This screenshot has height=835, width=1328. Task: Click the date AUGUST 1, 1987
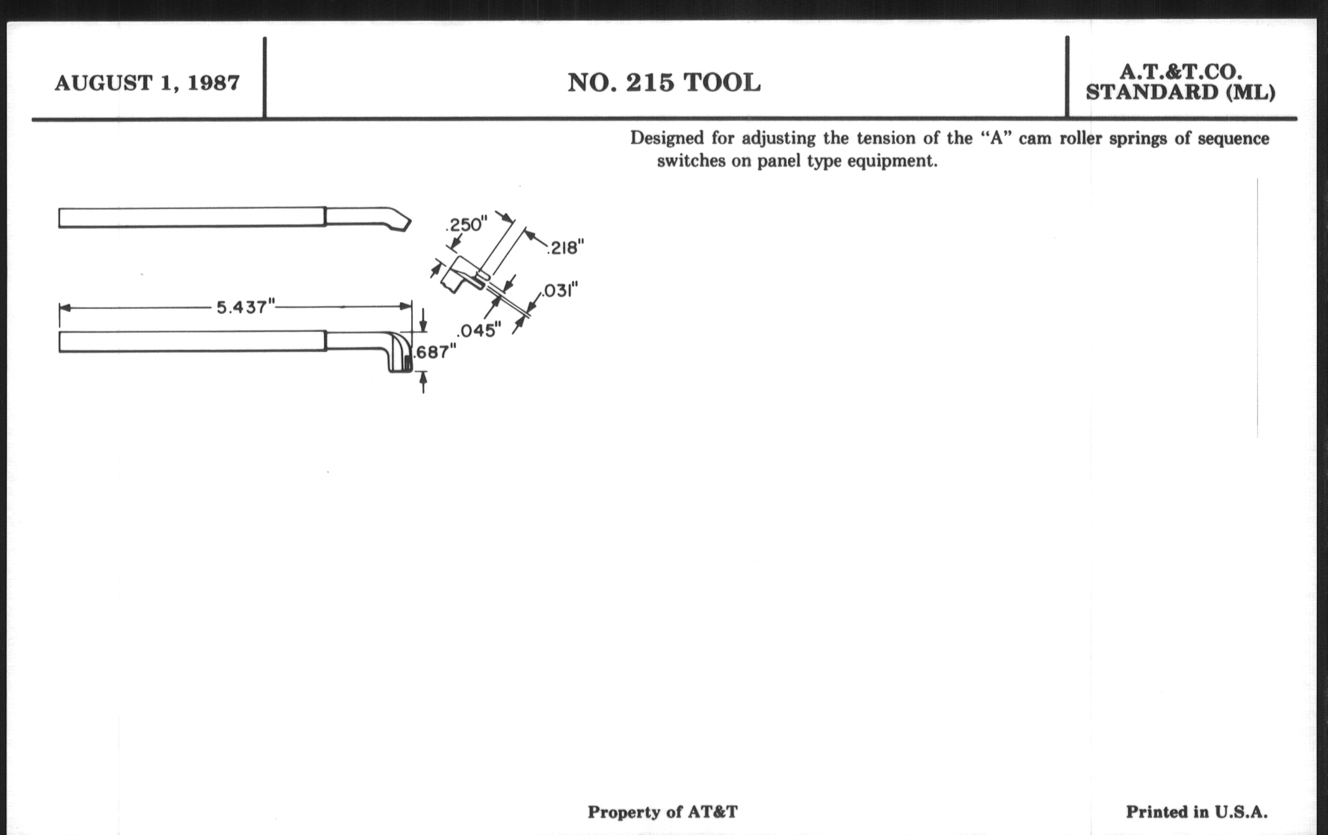coord(147,83)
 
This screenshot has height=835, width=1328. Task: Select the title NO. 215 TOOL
coord(664,83)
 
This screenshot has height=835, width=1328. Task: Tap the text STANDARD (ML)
coord(1181,92)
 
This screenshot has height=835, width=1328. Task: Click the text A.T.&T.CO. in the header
coord(1181,71)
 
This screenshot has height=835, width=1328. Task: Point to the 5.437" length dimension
coord(245,307)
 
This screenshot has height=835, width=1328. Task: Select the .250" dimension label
coord(466,225)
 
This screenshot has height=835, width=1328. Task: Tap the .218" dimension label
coord(565,247)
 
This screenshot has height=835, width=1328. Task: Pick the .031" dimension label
coord(560,290)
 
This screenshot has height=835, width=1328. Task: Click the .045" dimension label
coord(479,330)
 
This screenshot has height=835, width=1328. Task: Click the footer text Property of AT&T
coord(662,812)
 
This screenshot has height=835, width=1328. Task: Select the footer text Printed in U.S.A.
coord(1197,812)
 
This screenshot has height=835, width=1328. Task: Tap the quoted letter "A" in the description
coord(996,138)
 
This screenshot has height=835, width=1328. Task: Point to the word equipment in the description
coord(892,162)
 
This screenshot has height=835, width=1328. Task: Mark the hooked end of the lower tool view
coord(400,352)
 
